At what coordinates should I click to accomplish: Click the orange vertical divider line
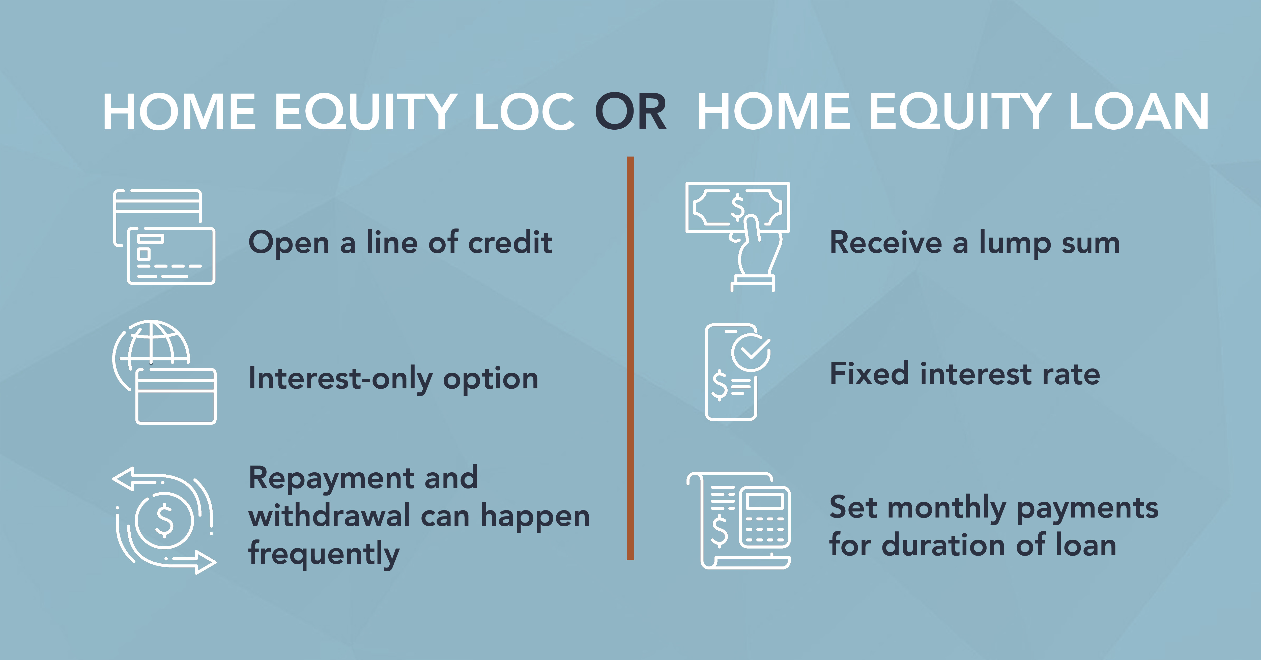pyautogui.click(x=630, y=358)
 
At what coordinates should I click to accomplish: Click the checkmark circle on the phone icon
pyautogui.click(x=751, y=353)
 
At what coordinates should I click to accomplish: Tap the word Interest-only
pyautogui.click(x=340, y=379)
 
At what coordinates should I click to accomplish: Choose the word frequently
pyautogui.click(x=324, y=554)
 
